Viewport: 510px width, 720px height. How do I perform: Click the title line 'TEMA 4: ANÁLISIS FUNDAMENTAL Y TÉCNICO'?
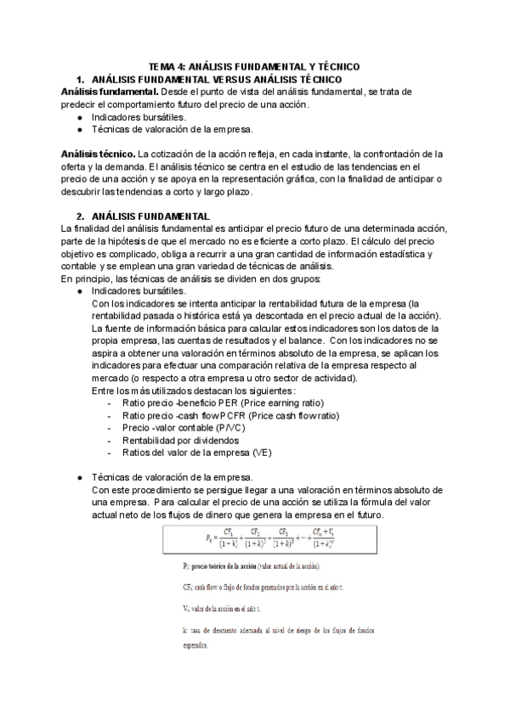254,65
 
